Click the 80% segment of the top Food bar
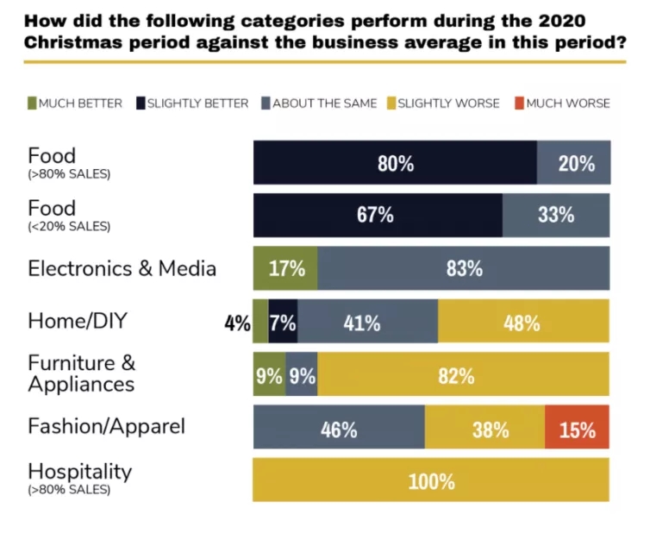395,163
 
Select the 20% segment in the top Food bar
573,163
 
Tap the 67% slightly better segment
377,216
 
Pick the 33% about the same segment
556,216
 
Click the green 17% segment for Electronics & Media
285,268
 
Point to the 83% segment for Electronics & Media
464,268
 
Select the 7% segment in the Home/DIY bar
284,322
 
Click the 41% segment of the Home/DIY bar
368,322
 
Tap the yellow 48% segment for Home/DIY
523,322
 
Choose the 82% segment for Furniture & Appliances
463,374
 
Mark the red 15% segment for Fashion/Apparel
577,428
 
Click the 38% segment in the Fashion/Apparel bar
484,428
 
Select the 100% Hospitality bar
431,480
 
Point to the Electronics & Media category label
122,268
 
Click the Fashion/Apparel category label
106,426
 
